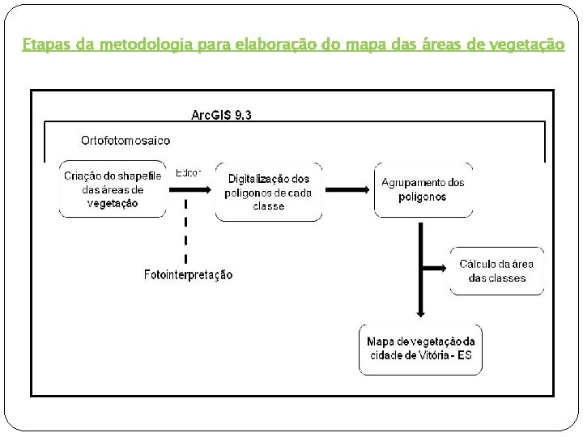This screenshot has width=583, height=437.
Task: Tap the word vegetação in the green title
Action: (528, 45)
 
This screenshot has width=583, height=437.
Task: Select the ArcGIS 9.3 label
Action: (221, 115)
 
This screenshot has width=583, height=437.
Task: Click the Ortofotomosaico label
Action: (126, 140)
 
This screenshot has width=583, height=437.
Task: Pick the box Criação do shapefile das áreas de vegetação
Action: (113, 189)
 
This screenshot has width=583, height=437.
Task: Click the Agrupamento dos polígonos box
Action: (423, 189)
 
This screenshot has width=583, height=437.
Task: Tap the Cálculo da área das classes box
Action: (496, 271)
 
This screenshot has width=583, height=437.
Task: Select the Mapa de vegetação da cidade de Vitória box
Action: (420, 349)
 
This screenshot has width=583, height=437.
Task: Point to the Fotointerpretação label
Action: (188, 275)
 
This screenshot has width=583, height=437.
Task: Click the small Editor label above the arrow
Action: (188, 172)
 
